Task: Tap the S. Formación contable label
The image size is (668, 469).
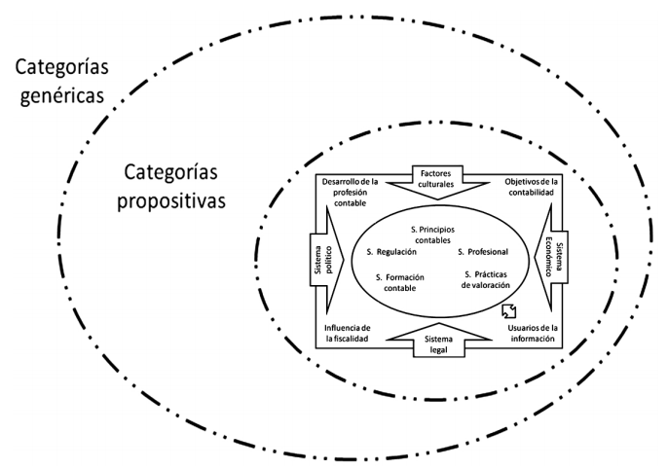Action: click(401, 282)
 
